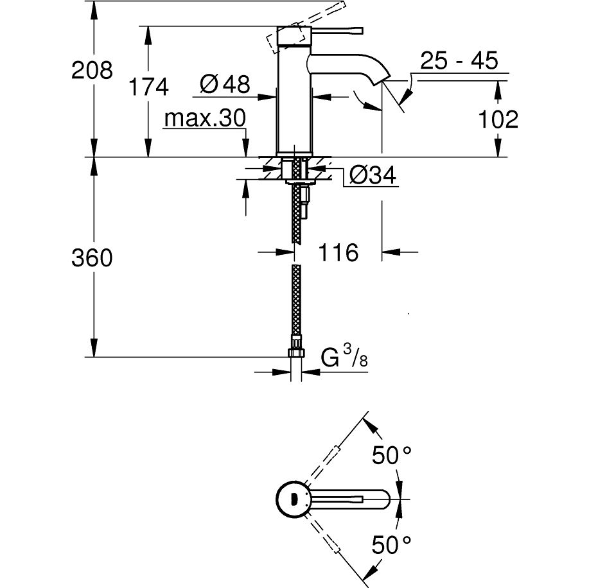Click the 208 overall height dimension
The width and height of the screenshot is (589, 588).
(x=92, y=70)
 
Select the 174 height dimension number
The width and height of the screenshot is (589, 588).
(x=148, y=87)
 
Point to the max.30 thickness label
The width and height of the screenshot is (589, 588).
(x=205, y=118)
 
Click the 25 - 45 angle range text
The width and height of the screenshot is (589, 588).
(x=459, y=60)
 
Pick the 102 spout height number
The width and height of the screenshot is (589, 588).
(x=498, y=119)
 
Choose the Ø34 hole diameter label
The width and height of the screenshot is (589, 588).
(x=373, y=175)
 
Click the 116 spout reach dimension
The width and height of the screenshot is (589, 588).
(x=338, y=252)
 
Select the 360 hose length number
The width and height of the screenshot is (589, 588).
(x=92, y=258)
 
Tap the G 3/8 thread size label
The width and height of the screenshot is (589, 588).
(x=344, y=357)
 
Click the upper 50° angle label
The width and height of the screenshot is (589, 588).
(x=391, y=455)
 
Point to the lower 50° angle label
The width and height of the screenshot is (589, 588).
(x=391, y=545)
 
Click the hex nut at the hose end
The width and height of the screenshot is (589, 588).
(x=296, y=352)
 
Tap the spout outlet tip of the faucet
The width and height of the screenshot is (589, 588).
(x=386, y=79)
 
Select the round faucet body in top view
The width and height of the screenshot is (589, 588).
(x=293, y=499)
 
